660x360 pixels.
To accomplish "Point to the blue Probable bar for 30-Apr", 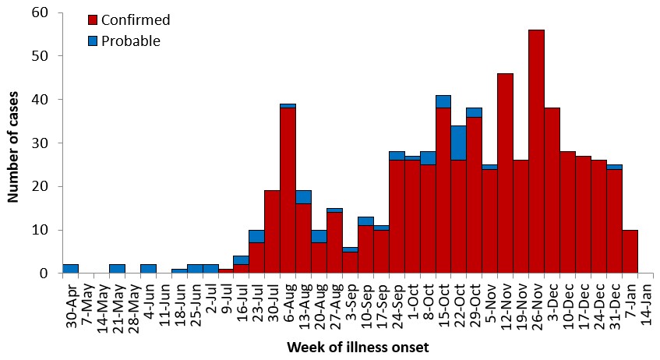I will (x=70, y=269).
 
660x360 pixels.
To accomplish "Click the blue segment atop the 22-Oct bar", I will (x=459, y=143).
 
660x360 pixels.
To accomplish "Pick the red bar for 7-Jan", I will (x=630, y=252).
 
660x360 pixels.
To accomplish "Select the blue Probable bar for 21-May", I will (x=117, y=269).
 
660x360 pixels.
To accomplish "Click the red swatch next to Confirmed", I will (x=93, y=20).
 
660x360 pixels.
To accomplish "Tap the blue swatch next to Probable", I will (x=93, y=41).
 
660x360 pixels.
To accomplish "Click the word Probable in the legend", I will (x=132, y=41).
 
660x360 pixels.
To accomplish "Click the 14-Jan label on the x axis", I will (x=647, y=299).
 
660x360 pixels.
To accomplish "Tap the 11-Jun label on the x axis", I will (x=164, y=299).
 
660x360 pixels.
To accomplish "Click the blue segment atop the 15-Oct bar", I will (x=443, y=101).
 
